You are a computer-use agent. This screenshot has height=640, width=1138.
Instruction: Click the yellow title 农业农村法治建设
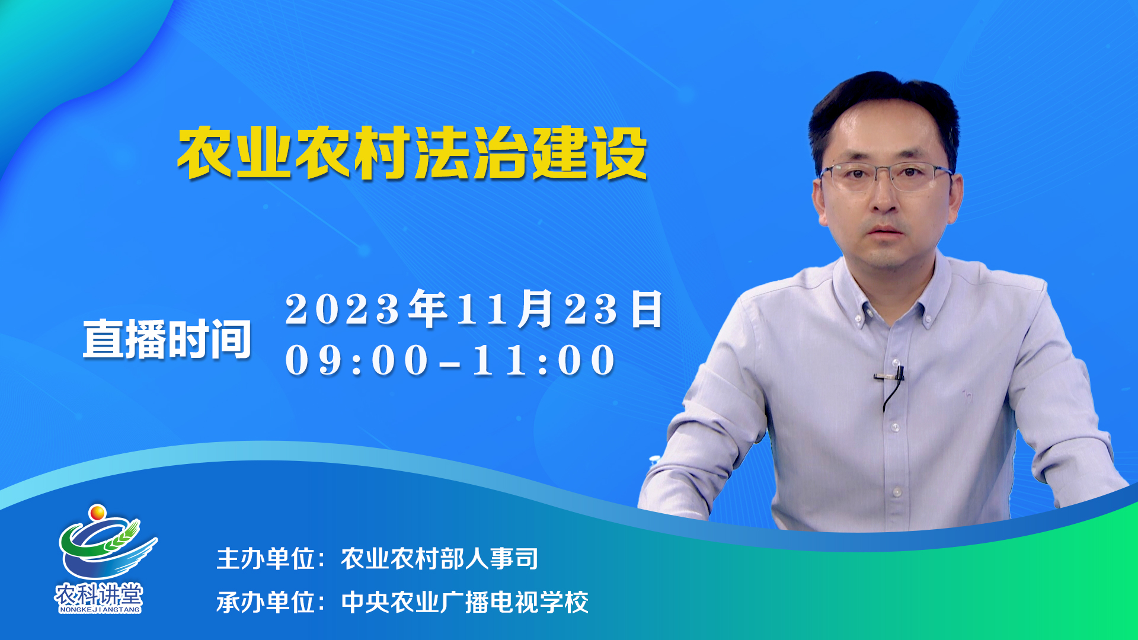(x=412, y=153)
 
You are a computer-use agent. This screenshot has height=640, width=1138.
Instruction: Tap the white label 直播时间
(x=167, y=339)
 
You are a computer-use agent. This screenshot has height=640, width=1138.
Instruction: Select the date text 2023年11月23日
(x=474, y=309)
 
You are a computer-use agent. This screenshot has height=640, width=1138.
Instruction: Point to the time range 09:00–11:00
(x=450, y=360)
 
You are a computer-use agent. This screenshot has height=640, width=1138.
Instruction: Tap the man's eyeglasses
(x=887, y=177)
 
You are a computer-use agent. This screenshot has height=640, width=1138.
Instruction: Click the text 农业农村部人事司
(x=439, y=558)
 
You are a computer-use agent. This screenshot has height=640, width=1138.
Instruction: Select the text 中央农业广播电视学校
(x=465, y=602)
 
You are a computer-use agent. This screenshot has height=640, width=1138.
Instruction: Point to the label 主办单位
(x=265, y=558)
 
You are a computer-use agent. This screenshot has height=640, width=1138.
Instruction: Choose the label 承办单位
(x=265, y=602)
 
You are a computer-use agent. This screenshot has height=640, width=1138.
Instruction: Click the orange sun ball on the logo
(x=97, y=512)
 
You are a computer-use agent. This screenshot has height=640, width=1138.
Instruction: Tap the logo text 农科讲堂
(x=99, y=594)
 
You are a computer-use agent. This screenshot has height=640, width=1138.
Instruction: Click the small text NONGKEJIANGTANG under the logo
(x=100, y=609)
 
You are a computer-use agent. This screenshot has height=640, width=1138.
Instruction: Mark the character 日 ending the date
(x=647, y=309)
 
